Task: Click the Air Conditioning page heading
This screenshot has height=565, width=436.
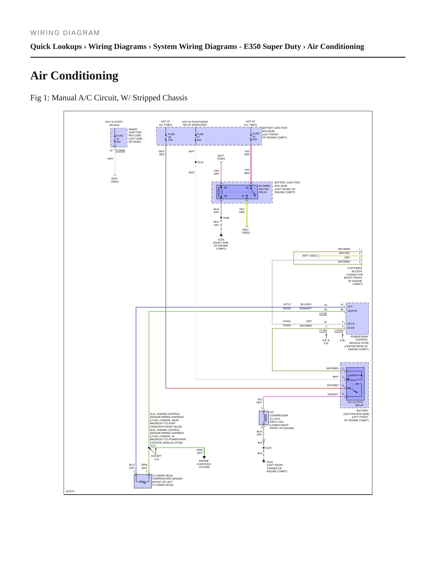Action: click(x=74, y=76)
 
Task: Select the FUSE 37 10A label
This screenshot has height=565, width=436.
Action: click(x=119, y=139)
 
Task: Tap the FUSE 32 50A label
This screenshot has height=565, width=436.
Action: click(x=256, y=136)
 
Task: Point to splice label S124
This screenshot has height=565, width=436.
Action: click(x=200, y=162)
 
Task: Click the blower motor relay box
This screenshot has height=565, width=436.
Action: click(x=237, y=192)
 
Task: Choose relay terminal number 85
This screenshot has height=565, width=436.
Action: click(x=225, y=188)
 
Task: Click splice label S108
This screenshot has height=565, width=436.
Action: click(x=226, y=218)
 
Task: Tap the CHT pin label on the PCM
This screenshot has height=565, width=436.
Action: click(x=350, y=307)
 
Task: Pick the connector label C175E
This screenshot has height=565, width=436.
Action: click(x=323, y=314)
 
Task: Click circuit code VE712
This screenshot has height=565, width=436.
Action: click(x=287, y=304)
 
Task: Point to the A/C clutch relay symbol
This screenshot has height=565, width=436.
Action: click(x=355, y=384)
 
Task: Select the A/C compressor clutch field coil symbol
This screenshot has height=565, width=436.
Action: click(x=264, y=418)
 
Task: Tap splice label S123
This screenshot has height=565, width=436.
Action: click(x=269, y=448)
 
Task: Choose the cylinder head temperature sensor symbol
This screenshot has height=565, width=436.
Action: click(x=143, y=481)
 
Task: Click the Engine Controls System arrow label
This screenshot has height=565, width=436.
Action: click(x=204, y=464)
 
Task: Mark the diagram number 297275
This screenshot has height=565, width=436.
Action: click(x=70, y=491)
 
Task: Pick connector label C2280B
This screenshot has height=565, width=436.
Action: click(x=120, y=150)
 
